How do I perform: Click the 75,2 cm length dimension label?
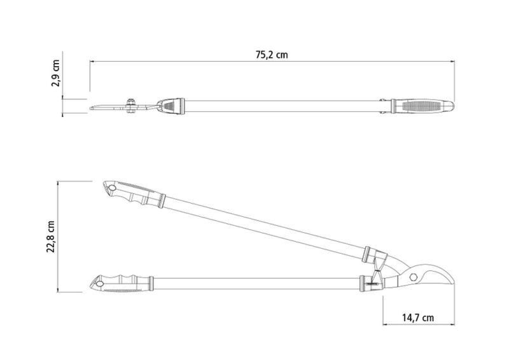pos(272,55)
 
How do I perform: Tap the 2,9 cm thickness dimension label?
pos(55,73)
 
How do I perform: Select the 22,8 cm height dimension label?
pos(50,237)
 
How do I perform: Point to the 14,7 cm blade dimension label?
pos(418,317)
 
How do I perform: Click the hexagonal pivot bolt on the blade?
pos(413,277)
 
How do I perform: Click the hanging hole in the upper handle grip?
pos(112,188)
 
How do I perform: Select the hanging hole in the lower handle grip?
pos(100,284)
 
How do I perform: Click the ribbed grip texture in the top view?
pos(421,106)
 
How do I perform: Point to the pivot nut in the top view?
pos(130,106)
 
